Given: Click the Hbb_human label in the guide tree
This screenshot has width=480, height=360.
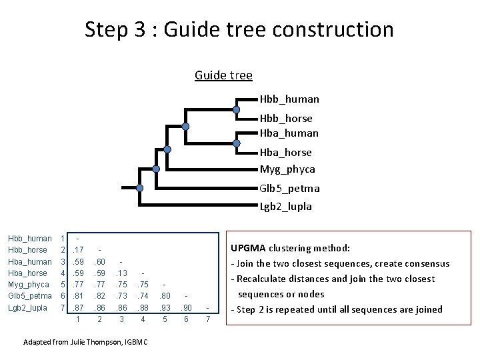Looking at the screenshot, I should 289,99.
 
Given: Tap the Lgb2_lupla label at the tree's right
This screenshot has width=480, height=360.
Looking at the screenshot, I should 286,207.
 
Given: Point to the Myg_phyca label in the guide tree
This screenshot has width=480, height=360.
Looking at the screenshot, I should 287,169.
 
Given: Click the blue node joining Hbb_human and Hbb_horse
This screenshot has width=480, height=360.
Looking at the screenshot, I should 237,109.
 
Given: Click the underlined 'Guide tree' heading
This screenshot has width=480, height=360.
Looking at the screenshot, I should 223,75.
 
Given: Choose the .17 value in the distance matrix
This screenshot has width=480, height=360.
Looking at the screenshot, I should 79,249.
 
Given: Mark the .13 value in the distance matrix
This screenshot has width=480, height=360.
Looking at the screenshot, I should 121,273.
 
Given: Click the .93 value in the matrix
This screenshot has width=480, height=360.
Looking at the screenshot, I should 165,309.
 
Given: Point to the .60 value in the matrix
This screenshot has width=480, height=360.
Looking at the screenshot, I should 100,261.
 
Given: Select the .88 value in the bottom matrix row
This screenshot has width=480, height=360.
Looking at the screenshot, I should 143,309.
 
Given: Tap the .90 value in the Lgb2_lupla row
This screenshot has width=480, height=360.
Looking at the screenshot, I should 187,309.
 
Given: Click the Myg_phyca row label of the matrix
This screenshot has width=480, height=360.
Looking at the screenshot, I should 29,285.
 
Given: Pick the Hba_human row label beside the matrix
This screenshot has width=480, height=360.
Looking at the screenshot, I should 29,261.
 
